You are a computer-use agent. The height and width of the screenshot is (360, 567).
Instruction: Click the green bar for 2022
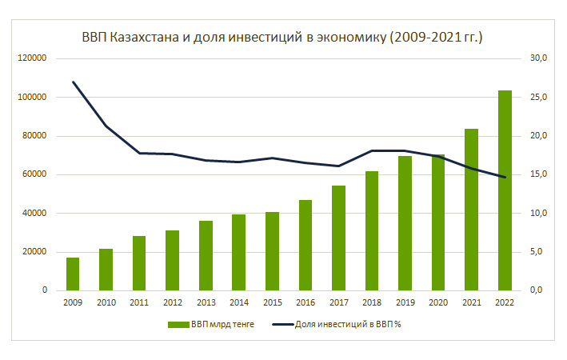(505, 190)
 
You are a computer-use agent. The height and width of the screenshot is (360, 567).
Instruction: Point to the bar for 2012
(173, 260)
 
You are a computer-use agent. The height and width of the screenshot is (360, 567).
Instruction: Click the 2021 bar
(472, 210)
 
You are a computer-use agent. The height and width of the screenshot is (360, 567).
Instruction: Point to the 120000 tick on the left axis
(32, 58)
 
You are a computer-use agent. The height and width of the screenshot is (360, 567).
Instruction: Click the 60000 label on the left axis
(34, 174)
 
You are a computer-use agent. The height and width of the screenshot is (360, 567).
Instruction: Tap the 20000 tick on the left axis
(34, 252)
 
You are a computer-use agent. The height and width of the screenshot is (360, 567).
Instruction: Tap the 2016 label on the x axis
(305, 302)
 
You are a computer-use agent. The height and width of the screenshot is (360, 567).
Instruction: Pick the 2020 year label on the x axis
(438, 302)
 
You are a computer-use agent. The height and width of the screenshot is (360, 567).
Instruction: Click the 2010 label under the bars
(106, 302)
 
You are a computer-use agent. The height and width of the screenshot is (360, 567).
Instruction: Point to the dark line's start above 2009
(73, 82)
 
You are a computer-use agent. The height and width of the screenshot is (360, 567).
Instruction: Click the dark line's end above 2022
(505, 177)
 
